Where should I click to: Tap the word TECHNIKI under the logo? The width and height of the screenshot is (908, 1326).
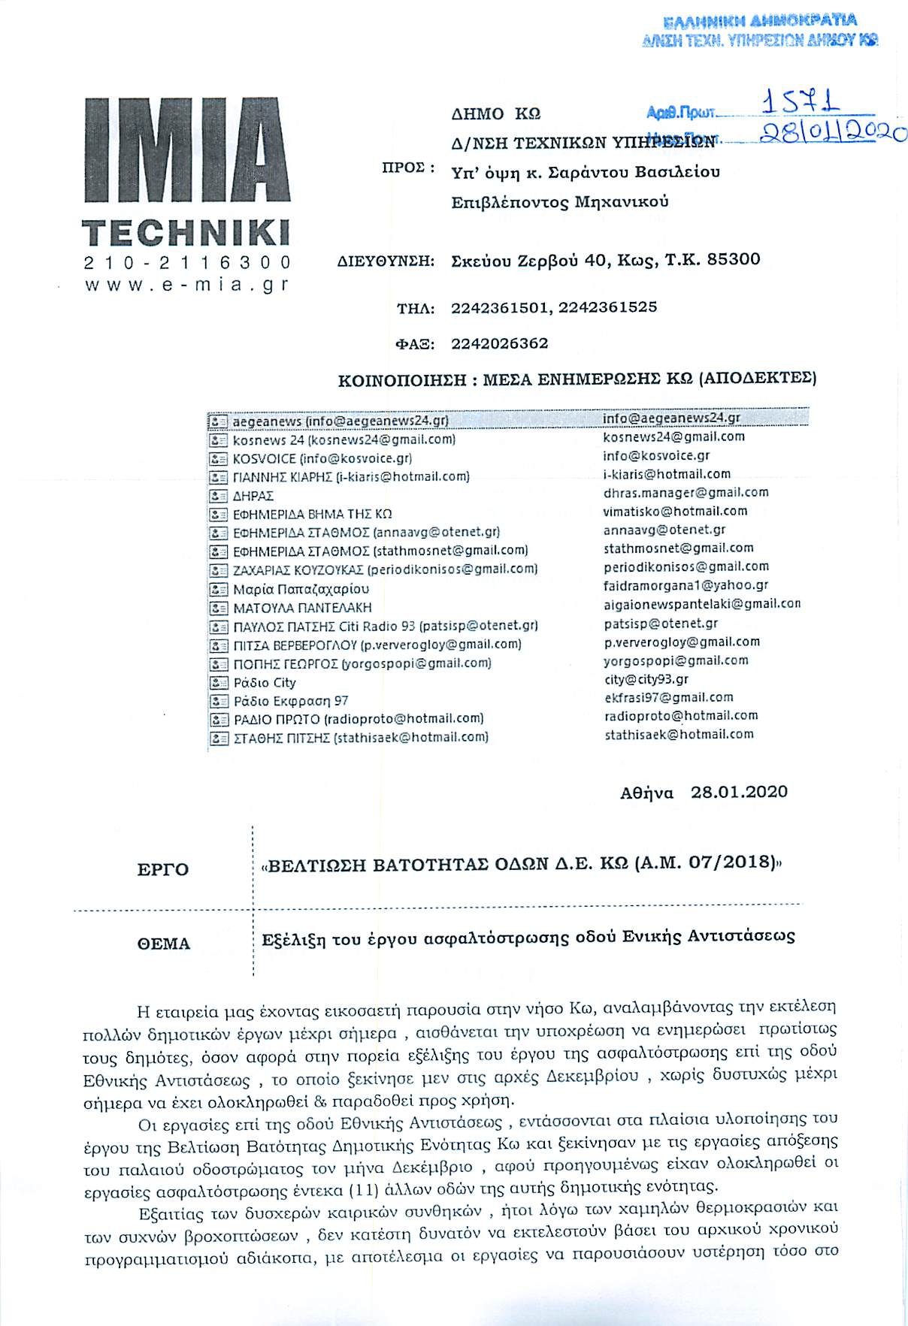[185, 233]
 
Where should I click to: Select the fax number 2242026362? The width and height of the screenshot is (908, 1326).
[499, 344]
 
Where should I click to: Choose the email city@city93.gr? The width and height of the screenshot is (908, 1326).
[646, 679]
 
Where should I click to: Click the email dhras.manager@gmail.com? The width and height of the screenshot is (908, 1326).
[686, 493]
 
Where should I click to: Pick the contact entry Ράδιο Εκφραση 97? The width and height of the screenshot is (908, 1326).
[290, 701]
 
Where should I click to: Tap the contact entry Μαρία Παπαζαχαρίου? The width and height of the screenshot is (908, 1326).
[301, 589]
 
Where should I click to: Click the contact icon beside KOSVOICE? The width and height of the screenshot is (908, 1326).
[218, 458]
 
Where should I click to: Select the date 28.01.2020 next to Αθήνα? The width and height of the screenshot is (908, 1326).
[739, 792]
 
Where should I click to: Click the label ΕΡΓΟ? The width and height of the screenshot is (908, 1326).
[162, 870]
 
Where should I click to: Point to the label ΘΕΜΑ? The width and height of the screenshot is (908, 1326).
[164, 944]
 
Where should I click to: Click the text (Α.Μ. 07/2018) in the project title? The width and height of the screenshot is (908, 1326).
[704, 862]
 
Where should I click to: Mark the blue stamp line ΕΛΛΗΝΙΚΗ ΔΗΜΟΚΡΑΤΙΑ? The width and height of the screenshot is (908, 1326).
[761, 21]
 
